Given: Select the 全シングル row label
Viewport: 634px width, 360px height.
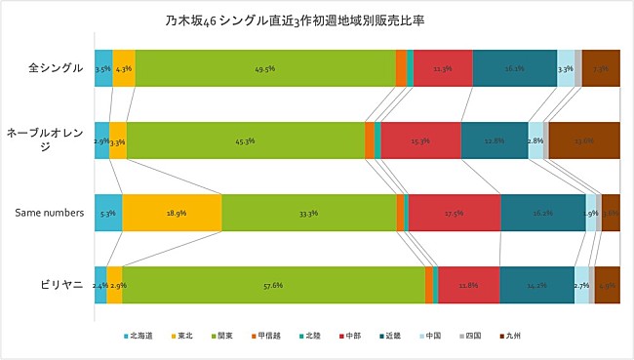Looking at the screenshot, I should [x=56, y=69].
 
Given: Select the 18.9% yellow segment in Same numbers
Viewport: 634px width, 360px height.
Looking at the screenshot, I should [x=172, y=213].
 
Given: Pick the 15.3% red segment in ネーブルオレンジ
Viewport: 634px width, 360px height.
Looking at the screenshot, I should [x=420, y=140].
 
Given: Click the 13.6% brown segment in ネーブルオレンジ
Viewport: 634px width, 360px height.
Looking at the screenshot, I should [x=584, y=140].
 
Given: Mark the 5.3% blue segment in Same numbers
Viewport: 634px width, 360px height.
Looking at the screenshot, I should [x=108, y=213].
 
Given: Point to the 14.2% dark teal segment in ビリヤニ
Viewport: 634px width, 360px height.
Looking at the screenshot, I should [x=536, y=285].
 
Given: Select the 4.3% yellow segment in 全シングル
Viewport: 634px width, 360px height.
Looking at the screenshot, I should [x=124, y=69].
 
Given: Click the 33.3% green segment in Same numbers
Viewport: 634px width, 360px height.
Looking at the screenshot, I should [x=308, y=213].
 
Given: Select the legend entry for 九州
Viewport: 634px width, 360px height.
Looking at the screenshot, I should [x=510, y=336].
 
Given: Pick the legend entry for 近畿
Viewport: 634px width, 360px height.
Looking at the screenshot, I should [x=391, y=336].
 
